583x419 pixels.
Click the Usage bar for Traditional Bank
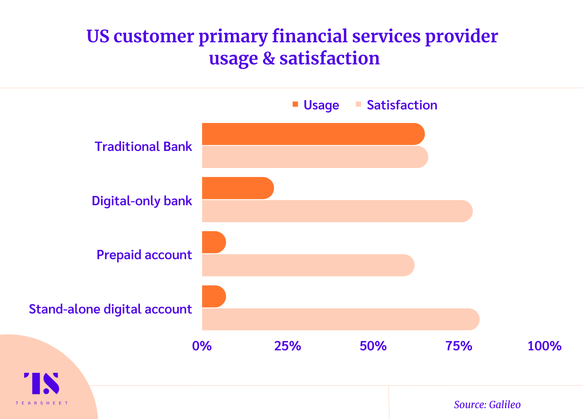pos(313,134)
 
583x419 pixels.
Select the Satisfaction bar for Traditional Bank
pos(315,157)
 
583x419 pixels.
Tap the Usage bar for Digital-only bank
pos(238,188)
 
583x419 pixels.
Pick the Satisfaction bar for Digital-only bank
pos(337,211)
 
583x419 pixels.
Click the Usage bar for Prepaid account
pos(214,242)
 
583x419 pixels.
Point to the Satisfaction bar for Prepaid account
pos(308,265)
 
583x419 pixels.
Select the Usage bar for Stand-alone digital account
pos(214,296)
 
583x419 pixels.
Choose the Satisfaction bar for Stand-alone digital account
pos(341,319)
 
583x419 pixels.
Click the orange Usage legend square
pos(295,104)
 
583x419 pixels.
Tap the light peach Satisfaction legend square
pos(358,104)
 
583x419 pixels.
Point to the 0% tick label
pos(202,346)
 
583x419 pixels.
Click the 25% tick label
pos(288,346)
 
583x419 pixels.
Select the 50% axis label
pos(373,346)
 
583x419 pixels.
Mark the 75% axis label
pos(459,346)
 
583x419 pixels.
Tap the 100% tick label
pos(545,346)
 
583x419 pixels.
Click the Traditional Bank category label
pos(143,146)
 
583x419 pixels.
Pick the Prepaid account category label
pos(144,255)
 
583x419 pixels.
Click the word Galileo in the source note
pos(504,405)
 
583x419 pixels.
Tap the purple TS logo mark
pos(42,383)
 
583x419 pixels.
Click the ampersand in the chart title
pos(269,58)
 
